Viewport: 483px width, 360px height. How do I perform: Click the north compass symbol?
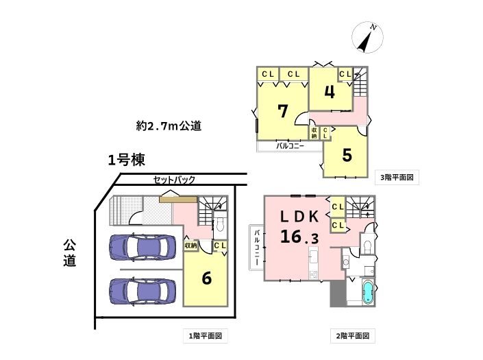pyautogui.click(x=367, y=37)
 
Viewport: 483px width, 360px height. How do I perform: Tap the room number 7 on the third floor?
pyautogui.click(x=283, y=111)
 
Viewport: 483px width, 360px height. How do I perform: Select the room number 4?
pyautogui.click(x=330, y=91)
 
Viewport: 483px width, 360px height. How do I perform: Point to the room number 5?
pyautogui.click(x=347, y=156)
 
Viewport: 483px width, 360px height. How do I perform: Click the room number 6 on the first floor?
pyautogui.click(x=206, y=278)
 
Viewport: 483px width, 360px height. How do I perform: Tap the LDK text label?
pyautogui.click(x=299, y=217)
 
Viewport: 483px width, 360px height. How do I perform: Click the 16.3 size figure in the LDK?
pyautogui.click(x=299, y=237)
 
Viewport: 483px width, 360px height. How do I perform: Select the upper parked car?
pyautogui.click(x=143, y=248)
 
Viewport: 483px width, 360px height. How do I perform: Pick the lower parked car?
pyautogui.click(x=143, y=291)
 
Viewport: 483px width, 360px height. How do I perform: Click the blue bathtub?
pyautogui.click(x=368, y=291)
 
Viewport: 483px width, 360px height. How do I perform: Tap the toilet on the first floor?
pyautogui.click(x=220, y=225)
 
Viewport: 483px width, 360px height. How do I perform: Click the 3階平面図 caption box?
pyautogui.click(x=397, y=177)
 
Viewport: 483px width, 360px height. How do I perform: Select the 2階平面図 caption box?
pyautogui.click(x=353, y=335)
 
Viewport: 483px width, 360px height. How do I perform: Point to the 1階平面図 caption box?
pyautogui.click(x=206, y=335)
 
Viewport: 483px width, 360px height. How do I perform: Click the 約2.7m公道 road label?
pyautogui.click(x=169, y=125)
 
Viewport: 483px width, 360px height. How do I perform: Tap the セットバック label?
pyautogui.click(x=174, y=180)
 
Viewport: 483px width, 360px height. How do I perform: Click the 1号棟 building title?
pyautogui.click(x=126, y=160)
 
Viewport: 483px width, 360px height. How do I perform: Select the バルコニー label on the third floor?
pyautogui.click(x=290, y=146)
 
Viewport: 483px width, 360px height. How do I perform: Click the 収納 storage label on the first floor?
pyautogui.click(x=190, y=245)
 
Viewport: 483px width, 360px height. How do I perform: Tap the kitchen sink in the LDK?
pyautogui.click(x=314, y=257)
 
